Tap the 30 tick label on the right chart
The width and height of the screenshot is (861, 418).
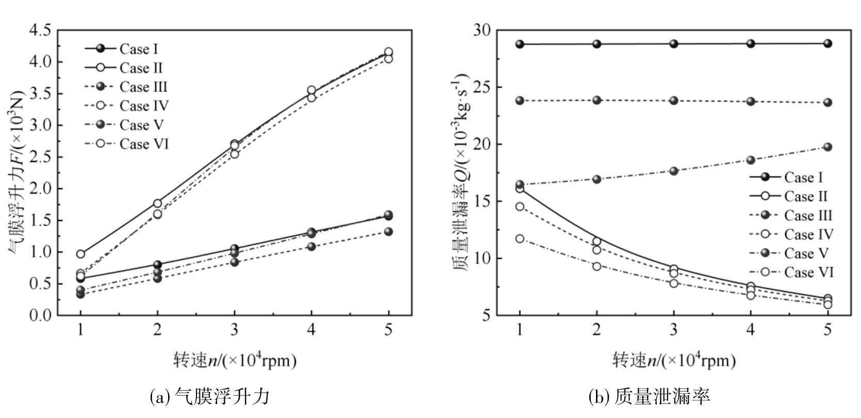(482, 31)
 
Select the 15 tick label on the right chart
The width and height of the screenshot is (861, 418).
(482, 202)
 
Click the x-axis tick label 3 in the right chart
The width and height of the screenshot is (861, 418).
(674, 330)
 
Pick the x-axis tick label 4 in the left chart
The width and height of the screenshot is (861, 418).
(311, 330)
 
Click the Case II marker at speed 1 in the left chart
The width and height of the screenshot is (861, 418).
(80, 254)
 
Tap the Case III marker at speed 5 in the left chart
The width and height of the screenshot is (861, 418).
(388, 232)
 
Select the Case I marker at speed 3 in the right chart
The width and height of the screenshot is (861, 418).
(674, 44)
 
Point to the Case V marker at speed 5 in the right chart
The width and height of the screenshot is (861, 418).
(827, 147)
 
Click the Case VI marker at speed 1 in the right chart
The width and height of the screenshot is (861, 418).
(520, 239)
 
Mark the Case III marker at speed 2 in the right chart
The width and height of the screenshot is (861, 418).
(597, 100)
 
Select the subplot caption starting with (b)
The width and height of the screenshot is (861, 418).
(650, 396)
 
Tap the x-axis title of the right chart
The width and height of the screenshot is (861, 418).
(674, 360)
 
